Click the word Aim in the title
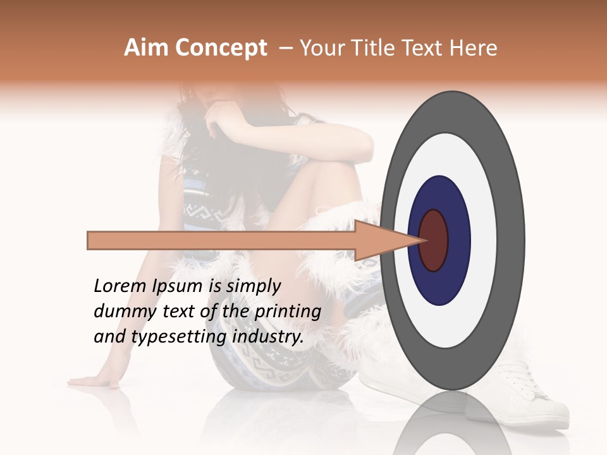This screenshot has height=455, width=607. point(146,48)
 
